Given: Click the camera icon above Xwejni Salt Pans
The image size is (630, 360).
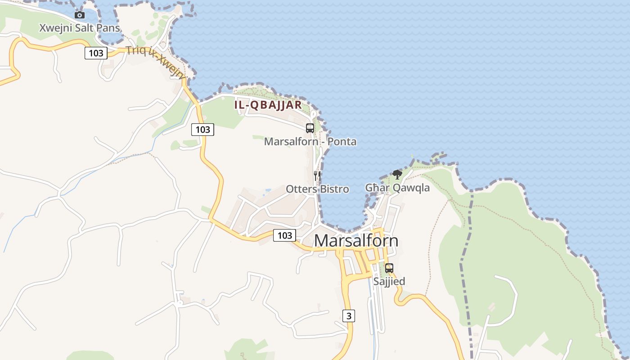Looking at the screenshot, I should pyautogui.click(x=80, y=15).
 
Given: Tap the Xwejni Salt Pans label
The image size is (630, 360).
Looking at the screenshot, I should pyautogui.click(x=80, y=28).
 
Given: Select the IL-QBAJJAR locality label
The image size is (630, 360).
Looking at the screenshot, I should pyautogui.click(x=268, y=105).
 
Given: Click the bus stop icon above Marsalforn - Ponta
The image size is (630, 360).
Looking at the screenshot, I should pyautogui.click(x=310, y=128).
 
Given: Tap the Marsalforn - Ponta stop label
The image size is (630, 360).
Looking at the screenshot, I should pyautogui.click(x=310, y=142).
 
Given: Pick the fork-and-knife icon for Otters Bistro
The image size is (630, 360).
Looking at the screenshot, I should pyautogui.click(x=317, y=175).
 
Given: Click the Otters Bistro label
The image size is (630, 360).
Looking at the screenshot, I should pyautogui.click(x=317, y=189).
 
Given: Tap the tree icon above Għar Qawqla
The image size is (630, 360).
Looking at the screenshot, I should pyautogui.click(x=397, y=174).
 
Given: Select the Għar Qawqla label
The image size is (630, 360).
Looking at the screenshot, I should pyautogui.click(x=397, y=188).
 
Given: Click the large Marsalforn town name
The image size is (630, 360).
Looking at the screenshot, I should pyautogui.click(x=356, y=241).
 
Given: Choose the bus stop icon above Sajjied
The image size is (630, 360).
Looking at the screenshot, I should pyautogui.click(x=389, y=268).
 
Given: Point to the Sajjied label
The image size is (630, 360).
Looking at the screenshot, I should pyautogui.click(x=389, y=281).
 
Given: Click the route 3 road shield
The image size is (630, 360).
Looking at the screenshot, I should pyautogui.click(x=349, y=316).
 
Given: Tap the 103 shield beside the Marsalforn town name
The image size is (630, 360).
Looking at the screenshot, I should pyautogui.click(x=284, y=235).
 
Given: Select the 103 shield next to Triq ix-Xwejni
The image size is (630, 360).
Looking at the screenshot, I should pyautogui.click(x=96, y=53).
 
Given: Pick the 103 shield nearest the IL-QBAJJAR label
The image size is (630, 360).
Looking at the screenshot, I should pyautogui.click(x=203, y=130).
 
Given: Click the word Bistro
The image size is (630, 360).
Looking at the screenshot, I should pyautogui.click(x=334, y=189).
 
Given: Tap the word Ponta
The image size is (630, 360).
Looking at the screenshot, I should pyautogui.click(x=342, y=142).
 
